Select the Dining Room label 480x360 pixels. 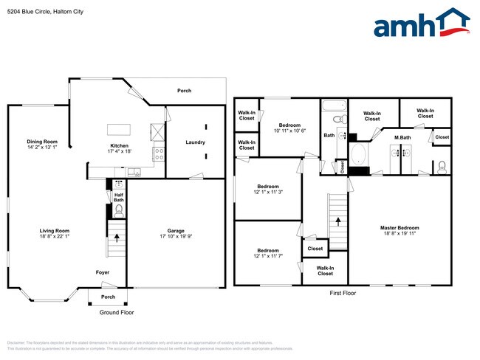(42, 142)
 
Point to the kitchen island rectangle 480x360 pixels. (118, 130)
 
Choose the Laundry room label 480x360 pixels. (195, 142)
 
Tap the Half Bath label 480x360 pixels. (118, 197)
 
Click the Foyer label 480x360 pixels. (103, 272)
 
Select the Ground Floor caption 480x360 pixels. (117, 312)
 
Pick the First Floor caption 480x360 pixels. (343, 293)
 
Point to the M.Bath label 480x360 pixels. (402, 138)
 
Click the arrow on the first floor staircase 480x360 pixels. (339, 219)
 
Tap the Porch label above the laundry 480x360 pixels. (184, 91)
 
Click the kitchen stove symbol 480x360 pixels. (157, 153)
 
